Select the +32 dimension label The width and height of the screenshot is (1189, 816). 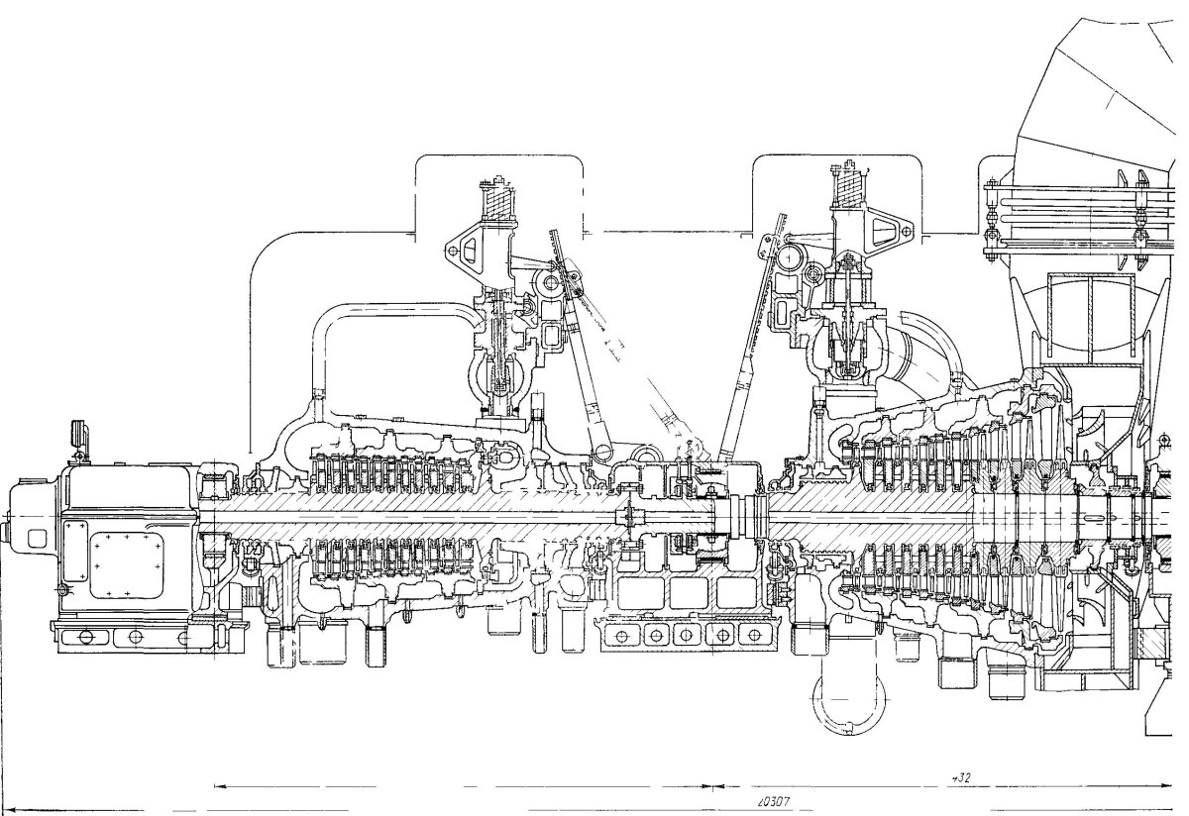point(959,779)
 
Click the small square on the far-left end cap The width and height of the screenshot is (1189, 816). point(38,538)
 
